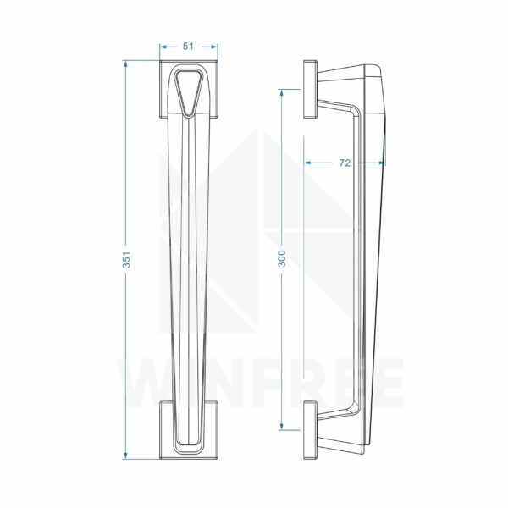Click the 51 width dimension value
pos(188,47)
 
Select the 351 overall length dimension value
pos(127,260)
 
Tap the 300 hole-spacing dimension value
pos(283,258)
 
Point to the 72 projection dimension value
pos(345,163)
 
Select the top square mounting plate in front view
pos(189,89)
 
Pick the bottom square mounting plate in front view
pos(189,430)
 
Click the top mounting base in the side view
pos(311,89)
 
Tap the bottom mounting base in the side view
pos(311,430)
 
